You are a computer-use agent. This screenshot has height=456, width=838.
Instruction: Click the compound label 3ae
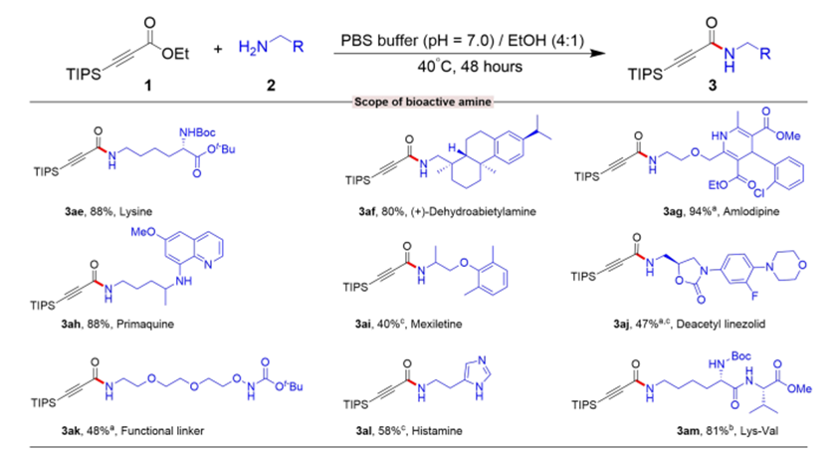pyautogui.click(x=74, y=212)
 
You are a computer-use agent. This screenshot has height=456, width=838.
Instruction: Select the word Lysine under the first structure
pyautogui.click(x=135, y=212)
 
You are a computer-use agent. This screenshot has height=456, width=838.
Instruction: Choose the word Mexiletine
pyautogui.click(x=436, y=324)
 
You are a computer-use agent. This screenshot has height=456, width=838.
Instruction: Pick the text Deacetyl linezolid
pyautogui.click(x=721, y=324)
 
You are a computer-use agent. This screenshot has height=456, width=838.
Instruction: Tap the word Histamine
pyautogui.click(x=437, y=431)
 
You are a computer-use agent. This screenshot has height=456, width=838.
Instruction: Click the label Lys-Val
pyautogui.click(x=759, y=431)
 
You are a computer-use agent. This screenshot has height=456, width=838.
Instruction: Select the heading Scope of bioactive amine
pyautogui.click(x=423, y=102)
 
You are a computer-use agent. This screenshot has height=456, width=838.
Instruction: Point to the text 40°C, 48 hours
pyautogui.click(x=470, y=67)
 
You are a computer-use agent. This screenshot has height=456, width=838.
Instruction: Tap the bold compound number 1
pyautogui.click(x=148, y=85)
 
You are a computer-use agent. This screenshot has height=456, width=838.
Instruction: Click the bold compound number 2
pyautogui.click(x=271, y=85)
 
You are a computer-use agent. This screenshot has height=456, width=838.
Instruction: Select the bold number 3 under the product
pyautogui.click(x=713, y=85)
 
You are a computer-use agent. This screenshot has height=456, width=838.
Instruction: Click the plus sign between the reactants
pyautogui.click(x=218, y=49)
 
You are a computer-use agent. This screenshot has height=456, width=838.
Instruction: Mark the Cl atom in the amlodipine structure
pyautogui.click(x=759, y=193)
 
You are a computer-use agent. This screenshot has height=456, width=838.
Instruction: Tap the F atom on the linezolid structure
pyautogui.click(x=754, y=295)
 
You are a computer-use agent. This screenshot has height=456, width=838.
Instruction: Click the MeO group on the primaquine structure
pyautogui.click(x=142, y=232)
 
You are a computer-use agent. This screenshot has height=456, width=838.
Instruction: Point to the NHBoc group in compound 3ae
pyautogui.click(x=197, y=132)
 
